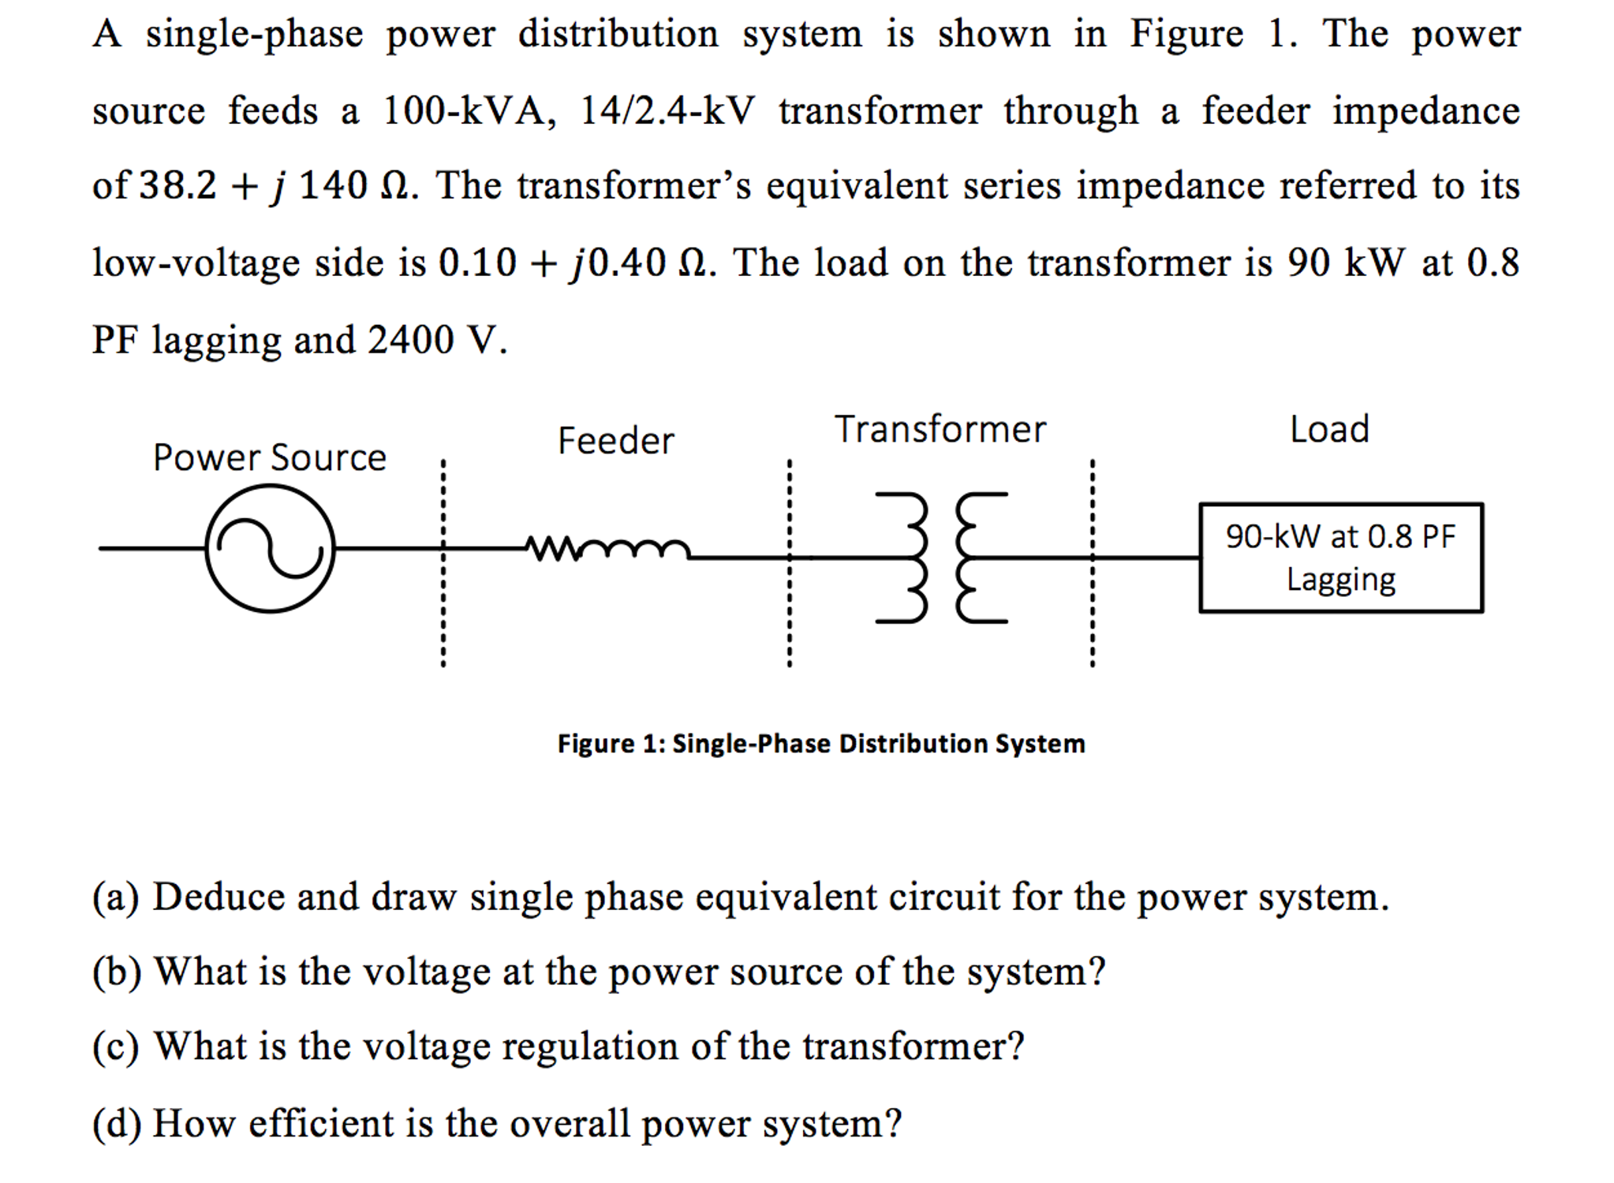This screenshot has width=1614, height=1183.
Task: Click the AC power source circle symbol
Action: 270,549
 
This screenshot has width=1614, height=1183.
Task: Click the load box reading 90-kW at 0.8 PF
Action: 1340,558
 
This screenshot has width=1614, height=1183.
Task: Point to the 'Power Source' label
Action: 270,457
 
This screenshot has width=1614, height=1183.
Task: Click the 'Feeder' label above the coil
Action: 616,441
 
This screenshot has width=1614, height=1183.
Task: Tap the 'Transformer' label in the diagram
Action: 940,430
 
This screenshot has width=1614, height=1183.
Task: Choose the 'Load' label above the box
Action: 1329,430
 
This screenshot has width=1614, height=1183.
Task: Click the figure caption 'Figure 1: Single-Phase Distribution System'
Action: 821,744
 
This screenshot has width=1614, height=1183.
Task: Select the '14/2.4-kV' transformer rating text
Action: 667,111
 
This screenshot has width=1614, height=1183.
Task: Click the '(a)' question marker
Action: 115,898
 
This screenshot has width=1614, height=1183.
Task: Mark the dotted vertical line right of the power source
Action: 443,564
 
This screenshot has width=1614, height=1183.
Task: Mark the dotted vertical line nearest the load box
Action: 1092,564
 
